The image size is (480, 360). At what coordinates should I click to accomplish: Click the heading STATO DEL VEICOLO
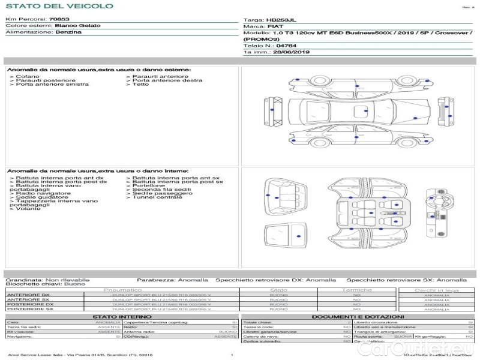point(59,6)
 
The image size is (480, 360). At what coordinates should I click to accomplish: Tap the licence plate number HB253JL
point(279,20)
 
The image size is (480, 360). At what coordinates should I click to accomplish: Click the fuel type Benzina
point(68,32)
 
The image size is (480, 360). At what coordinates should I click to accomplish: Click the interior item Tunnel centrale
point(157,197)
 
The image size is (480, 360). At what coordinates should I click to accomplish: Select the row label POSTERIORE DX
point(30,304)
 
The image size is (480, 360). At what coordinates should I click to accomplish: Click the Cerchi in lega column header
point(436,290)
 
